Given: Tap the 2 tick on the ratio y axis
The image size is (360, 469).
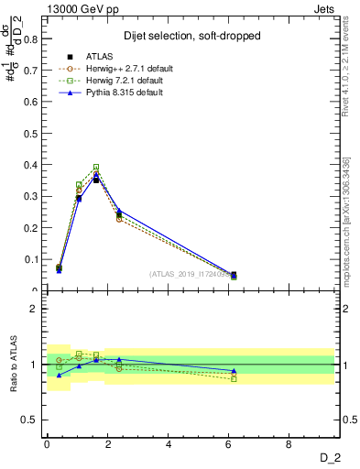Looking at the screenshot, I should (36, 309).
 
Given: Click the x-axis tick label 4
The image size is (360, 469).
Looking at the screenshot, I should (169, 444).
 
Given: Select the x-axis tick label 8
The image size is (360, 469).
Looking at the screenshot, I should (289, 444).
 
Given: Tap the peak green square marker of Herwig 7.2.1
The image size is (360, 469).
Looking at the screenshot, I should (96, 168).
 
